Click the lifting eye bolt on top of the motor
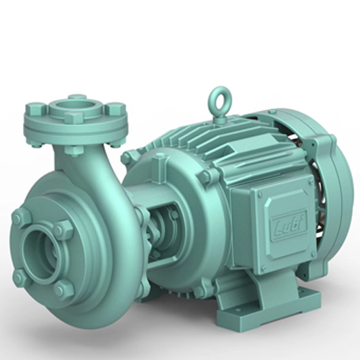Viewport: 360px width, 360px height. [219, 98]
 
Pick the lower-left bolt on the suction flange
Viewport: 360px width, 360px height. [21, 277]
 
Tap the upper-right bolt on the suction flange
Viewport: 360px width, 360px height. [63, 230]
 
